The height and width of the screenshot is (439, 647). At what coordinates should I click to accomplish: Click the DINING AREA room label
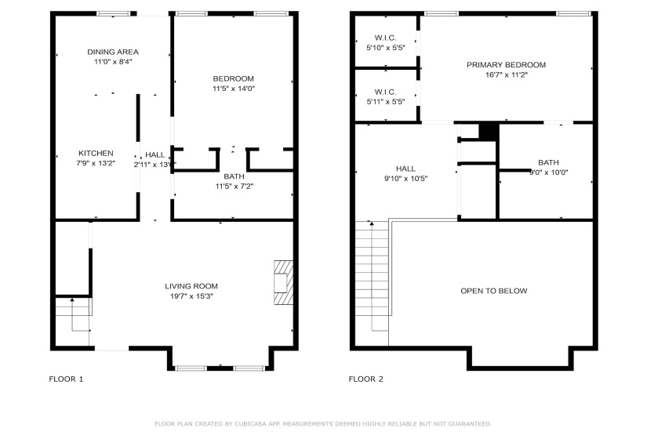113,52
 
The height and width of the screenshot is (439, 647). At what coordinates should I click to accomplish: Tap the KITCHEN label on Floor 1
96,153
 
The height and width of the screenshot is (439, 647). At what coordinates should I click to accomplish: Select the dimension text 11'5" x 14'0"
234,89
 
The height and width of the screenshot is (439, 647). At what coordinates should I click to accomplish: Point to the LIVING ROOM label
191,286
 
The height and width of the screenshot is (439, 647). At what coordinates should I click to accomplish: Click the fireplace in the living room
283,282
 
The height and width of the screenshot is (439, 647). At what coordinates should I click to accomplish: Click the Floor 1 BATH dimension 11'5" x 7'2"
234,187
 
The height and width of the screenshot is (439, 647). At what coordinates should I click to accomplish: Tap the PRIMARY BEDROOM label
506,65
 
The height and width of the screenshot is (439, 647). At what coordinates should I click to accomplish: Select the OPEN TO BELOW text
493,291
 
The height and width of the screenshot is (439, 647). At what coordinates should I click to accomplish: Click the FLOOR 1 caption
66,379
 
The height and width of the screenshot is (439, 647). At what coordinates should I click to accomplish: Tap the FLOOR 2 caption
365,379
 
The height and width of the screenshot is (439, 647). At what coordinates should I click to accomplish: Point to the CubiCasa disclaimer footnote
323,423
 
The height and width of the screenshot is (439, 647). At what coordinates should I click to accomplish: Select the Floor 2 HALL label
405,169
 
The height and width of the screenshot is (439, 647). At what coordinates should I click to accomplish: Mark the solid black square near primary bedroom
488,131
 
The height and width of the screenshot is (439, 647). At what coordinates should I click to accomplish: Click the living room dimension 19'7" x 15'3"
191,296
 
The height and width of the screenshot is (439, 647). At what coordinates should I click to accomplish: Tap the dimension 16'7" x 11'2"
506,75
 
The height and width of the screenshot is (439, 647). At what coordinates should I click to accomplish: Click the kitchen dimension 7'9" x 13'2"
96,163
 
